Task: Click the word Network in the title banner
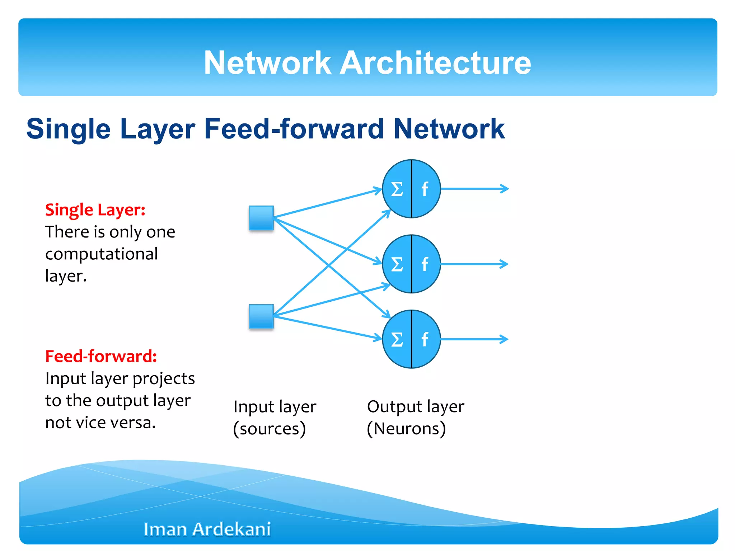[267, 63]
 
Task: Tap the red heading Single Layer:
[95, 210]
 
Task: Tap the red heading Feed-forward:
[101, 356]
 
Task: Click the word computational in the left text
[102, 254]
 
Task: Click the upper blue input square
[261, 218]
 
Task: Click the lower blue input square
[261, 316]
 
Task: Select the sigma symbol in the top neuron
[397, 189]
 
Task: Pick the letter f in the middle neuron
[425, 264]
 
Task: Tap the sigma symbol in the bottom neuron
[397, 339]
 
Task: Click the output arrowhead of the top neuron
[505, 189]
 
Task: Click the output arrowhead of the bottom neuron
[505, 339]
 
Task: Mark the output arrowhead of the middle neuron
[505, 264]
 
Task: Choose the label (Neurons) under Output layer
[406, 429]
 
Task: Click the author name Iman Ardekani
[207, 529]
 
